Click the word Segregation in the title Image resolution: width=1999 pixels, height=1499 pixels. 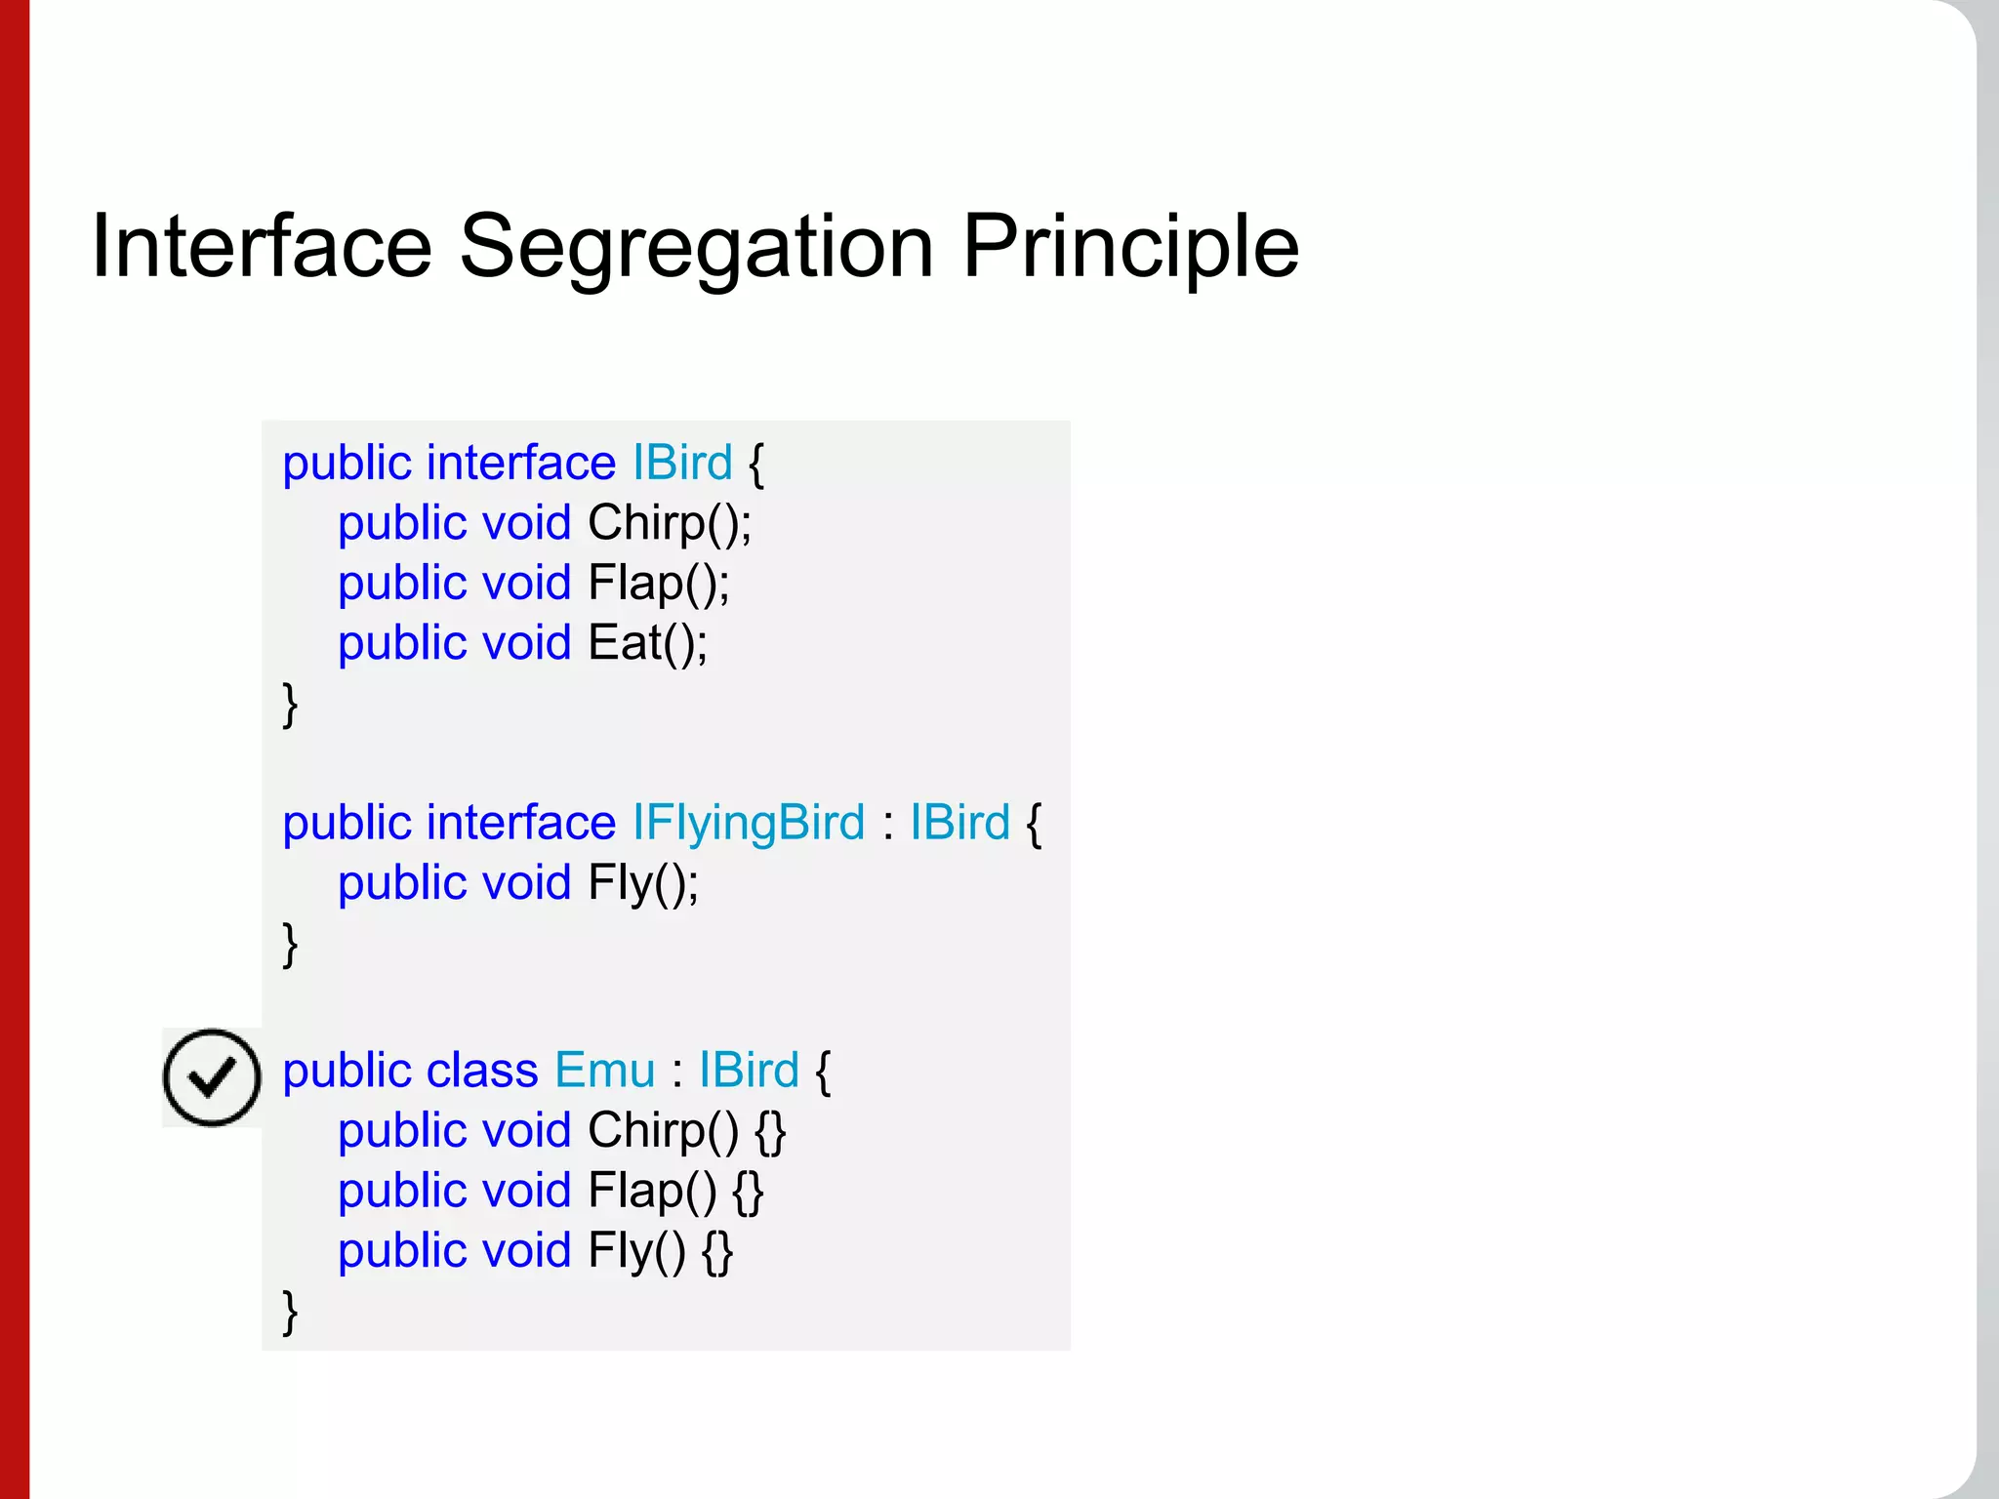click(696, 248)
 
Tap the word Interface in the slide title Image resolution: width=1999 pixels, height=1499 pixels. click(261, 248)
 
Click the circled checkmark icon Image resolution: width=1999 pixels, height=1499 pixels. click(212, 1077)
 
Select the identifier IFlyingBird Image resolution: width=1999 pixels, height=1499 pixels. click(748, 823)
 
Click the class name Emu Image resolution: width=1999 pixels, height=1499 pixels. click(605, 1071)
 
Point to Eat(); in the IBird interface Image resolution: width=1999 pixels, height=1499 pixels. click(648, 644)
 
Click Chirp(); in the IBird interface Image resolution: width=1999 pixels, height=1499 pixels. click(670, 524)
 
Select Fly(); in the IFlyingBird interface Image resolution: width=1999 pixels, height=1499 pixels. click(643, 884)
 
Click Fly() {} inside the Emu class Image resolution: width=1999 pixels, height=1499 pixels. click(660, 1252)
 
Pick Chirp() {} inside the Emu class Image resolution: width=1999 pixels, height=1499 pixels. click(686, 1132)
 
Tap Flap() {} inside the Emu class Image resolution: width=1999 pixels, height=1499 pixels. click(675, 1193)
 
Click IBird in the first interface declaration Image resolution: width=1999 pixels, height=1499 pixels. click(682, 463)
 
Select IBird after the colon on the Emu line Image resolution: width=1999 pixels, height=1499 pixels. click(749, 1071)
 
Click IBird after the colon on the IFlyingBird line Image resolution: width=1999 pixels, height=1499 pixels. click(959, 823)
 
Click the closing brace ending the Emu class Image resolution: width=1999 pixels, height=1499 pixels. click(290, 1313)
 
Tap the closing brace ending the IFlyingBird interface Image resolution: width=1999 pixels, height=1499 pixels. click(290, 945)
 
